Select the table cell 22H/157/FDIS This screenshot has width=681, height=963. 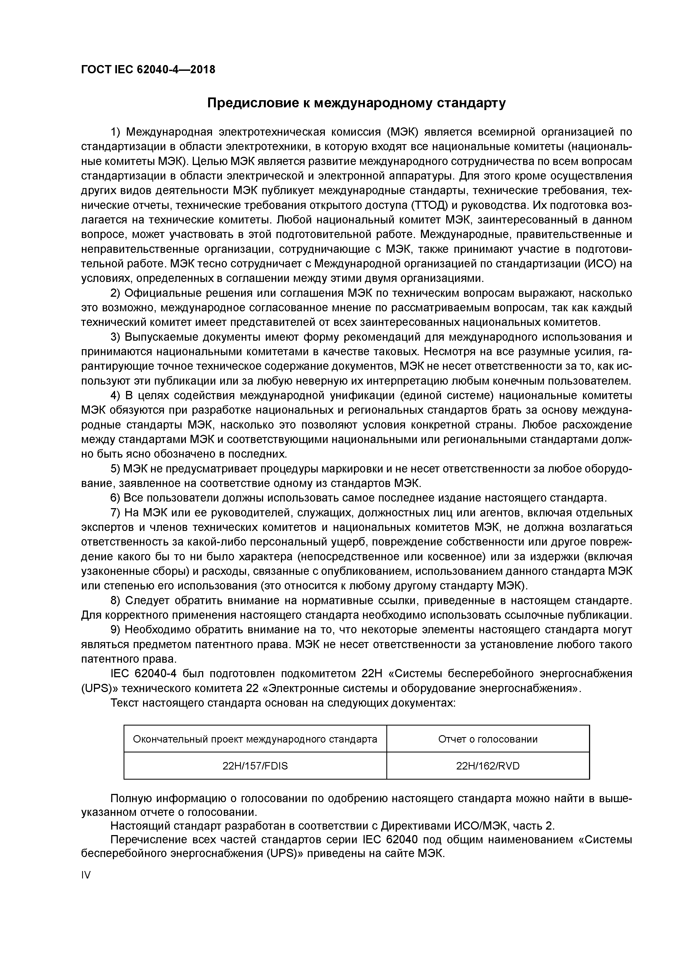pyautogui.click(x=255, y=766)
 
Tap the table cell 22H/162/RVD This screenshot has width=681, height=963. pyautogui.click(x=488, y=766)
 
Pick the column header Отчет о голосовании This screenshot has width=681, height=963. pyautogui.click(x=488, y=739)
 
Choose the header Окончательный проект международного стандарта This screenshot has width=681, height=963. pyautogui.click(x=255, y=739)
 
